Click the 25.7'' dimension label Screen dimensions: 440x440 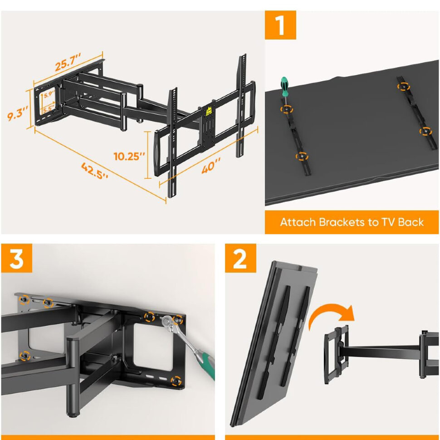pyautogui.click(x=68, y=61)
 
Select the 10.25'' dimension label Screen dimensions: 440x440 pyautogui.click(x=129, y=156)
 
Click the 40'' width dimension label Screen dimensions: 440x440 pyautogui.click(x=211, y=166)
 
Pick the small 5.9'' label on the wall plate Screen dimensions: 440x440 pyautogui.click(x=49, y=94)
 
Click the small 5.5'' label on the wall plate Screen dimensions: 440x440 pyautogui.click(x=48, y=109)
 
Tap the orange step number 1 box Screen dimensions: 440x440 pyautogui.click(x=280, y=25)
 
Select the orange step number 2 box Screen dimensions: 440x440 pyautogui.click(x=240, y=258)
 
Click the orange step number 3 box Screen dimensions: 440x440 pyautogui.click(x=16, y=258)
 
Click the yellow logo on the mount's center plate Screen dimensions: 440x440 pyautogui.click(x=209, y=112)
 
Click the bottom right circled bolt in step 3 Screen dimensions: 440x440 pyautogui.click(x=176, y=381)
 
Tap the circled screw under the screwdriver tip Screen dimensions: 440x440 pyautogui.click(x=287, y=109)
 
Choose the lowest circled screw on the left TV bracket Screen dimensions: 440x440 pyautogui.click(x=302, y=156)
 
